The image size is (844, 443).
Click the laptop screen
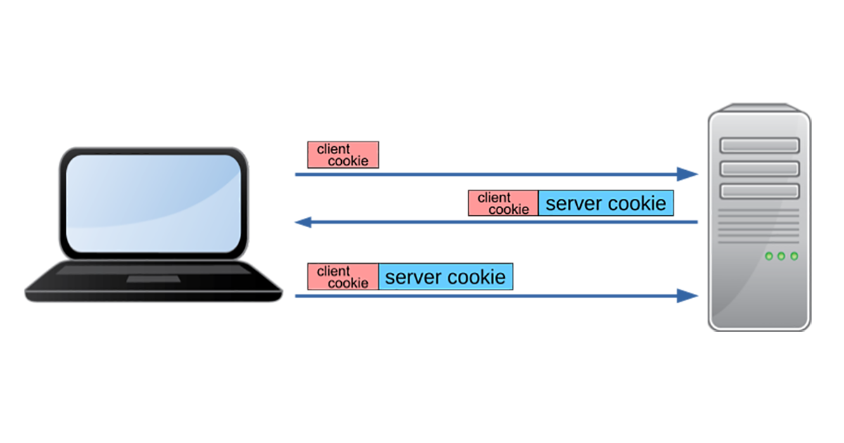153,203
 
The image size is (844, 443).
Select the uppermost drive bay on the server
759,145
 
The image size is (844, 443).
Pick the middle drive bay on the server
759,168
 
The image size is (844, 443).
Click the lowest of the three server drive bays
759,191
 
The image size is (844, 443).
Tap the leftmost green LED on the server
769,256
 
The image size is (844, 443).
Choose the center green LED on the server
781,256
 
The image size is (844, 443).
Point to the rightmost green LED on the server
794,256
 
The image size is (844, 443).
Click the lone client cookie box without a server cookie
343,155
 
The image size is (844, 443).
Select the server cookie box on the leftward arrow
606,203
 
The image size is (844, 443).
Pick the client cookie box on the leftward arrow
504,203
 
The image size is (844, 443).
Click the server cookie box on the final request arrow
445,276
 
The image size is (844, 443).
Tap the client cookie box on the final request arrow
343,276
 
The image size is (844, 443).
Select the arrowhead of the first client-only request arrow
687,174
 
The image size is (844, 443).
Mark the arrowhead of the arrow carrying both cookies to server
687,296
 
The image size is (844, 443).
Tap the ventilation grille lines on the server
759,225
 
